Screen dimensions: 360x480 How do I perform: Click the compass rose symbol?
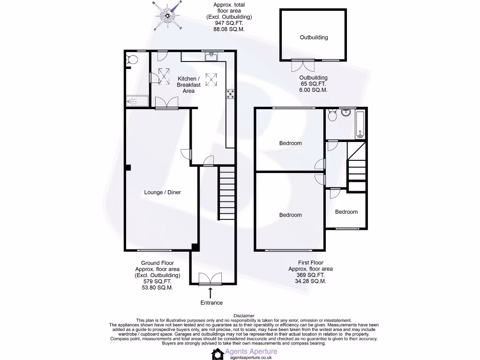coord(167,15)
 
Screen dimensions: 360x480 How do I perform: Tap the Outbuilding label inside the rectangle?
coord(314,37)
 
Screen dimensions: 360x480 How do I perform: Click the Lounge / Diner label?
coord(162,192)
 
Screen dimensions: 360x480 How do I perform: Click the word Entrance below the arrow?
coord(211,303)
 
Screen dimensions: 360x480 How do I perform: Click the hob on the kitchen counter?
coord(230,94)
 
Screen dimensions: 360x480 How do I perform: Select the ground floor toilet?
coord(132,60)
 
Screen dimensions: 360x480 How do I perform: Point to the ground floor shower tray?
coord(137,101)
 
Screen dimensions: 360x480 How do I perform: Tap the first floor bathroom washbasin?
coord(346,112)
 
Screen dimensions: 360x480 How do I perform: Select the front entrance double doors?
coord(210,279)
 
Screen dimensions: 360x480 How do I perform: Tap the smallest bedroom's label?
coord(346,212)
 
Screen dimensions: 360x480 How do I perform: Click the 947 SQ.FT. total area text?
coord(229,23)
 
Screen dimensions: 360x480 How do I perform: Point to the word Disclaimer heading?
coord(243,315)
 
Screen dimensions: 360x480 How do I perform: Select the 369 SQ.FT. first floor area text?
coord(310,275)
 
